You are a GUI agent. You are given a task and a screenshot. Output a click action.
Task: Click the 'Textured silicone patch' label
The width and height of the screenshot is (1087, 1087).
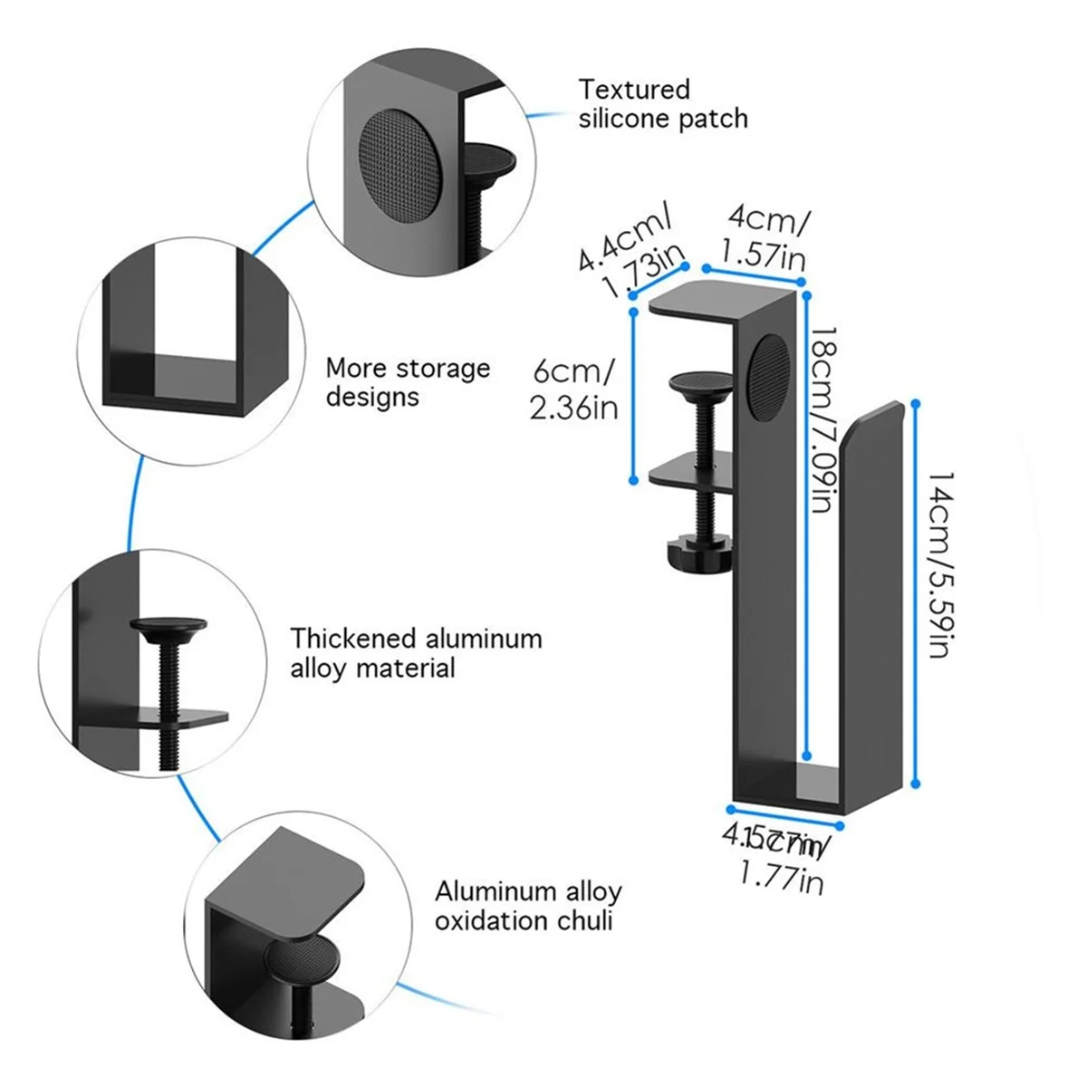663,104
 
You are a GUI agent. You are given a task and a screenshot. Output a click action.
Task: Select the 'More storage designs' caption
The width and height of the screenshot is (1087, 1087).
408,382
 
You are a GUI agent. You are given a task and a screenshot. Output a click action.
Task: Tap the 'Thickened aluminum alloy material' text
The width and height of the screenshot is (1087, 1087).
416,653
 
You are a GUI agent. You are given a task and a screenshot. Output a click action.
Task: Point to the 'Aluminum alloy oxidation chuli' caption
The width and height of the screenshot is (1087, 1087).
528,906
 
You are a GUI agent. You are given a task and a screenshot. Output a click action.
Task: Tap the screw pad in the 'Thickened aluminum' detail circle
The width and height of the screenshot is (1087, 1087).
168,627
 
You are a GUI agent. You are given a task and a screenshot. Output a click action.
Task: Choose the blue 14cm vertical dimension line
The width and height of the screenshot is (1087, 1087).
917,593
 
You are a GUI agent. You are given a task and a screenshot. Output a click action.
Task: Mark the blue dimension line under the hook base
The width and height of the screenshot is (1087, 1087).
787,814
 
